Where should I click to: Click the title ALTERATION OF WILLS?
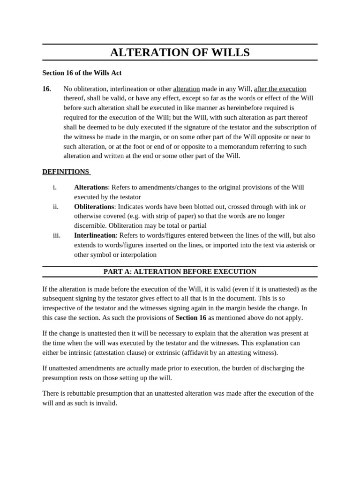coord(180,52)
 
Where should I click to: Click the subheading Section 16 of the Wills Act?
coord(82,73)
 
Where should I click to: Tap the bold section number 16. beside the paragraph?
coord(46,89)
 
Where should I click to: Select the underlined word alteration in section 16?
coord(186,89)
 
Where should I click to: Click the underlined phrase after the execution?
coord(280,89)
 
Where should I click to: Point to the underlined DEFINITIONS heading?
coord(66,172)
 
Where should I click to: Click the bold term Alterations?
coord(90,187)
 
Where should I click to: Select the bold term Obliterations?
coord(94,206)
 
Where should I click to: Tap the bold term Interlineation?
coord(94,235)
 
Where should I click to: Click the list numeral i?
coord(55,187)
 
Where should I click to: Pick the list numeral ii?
coord(55,206)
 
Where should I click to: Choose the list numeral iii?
coord(56,235)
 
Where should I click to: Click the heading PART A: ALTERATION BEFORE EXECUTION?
coord(180,271)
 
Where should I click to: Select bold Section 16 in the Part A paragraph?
coord(191,317)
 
